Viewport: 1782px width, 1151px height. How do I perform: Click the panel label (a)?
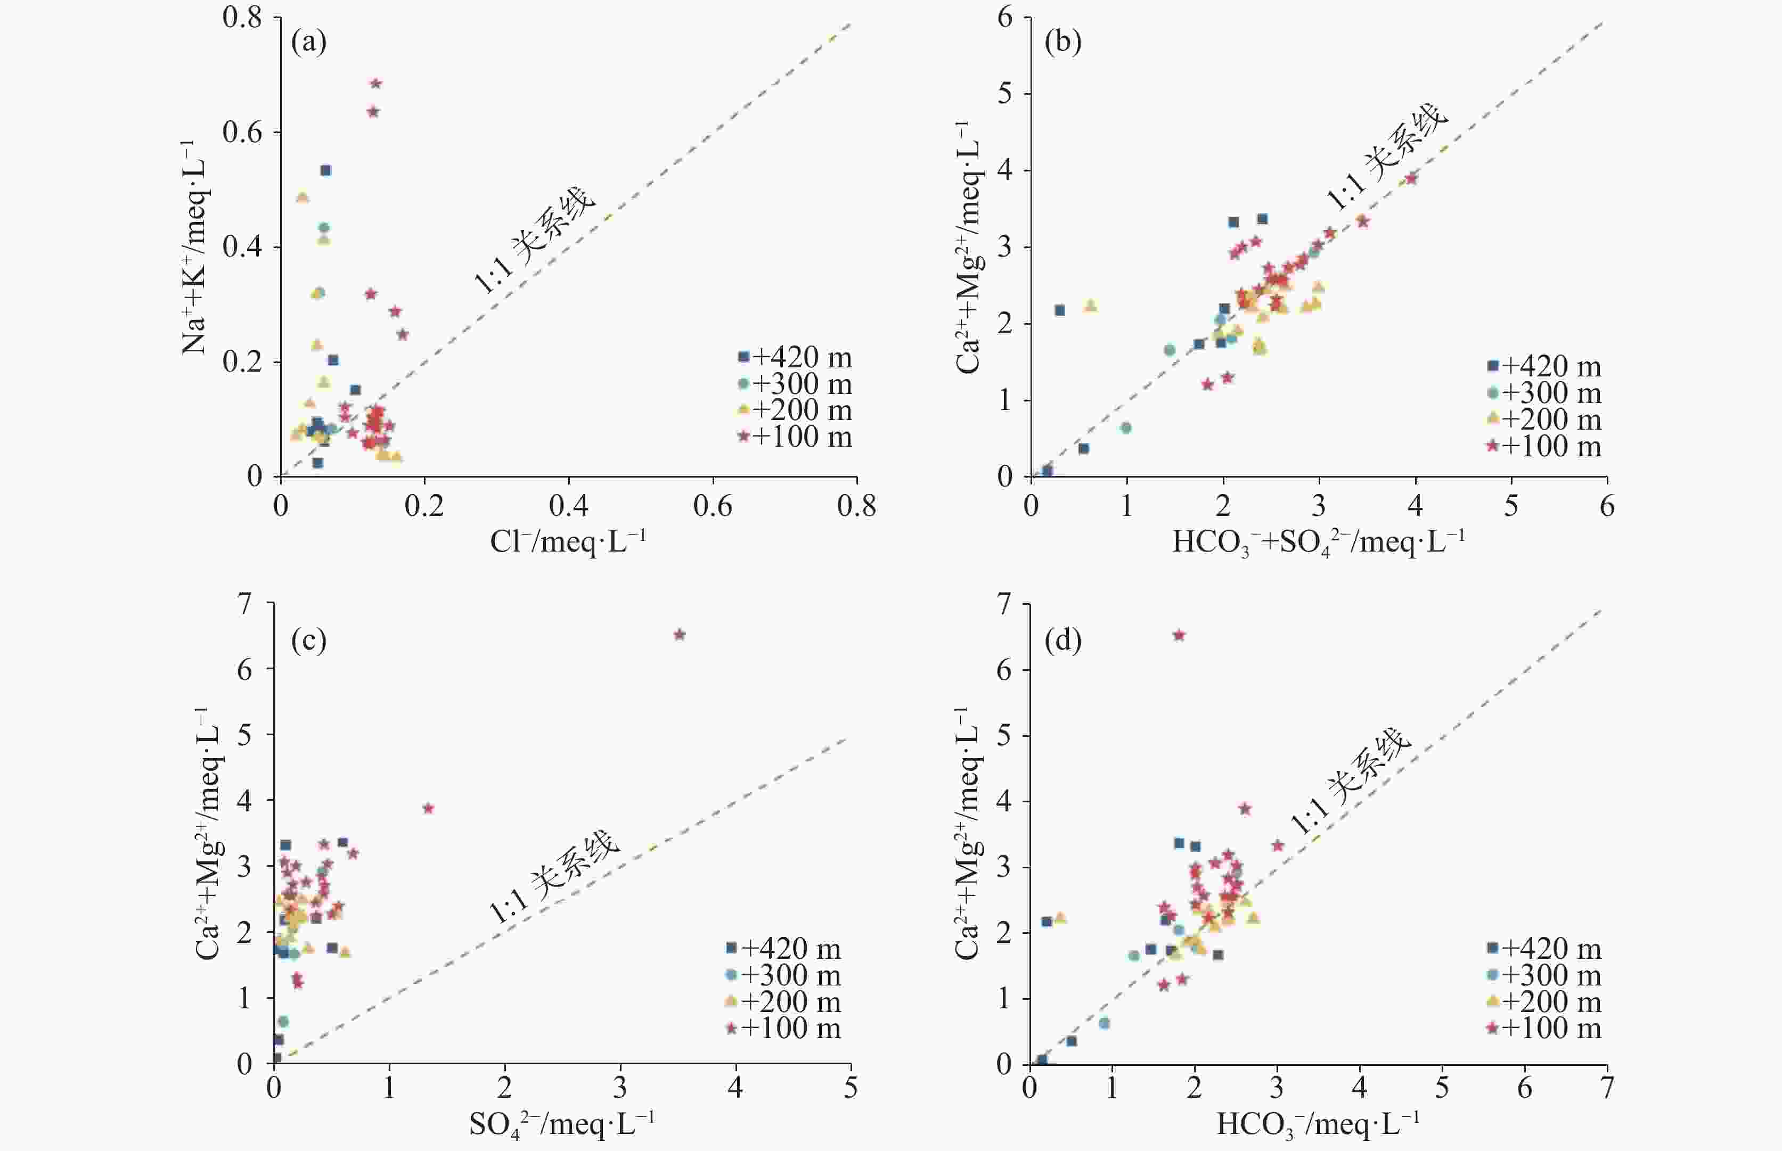[309, 43]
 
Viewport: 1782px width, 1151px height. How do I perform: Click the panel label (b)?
[1063, 43]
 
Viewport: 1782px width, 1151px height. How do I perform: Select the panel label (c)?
[309, 640]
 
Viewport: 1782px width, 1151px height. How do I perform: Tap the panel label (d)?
[1063, 640]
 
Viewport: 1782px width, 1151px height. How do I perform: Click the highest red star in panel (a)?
[376, 84]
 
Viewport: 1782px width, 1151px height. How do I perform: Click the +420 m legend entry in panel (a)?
[795, 357]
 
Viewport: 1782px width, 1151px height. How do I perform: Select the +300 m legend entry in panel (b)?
[1544, 392]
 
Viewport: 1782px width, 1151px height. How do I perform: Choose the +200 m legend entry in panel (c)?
[783, 1001]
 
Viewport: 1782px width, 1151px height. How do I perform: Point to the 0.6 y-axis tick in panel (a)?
[242, 132]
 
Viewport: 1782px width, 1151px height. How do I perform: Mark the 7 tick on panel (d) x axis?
[1606, 1088]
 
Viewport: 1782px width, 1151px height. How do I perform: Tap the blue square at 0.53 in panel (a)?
[326, 170]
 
